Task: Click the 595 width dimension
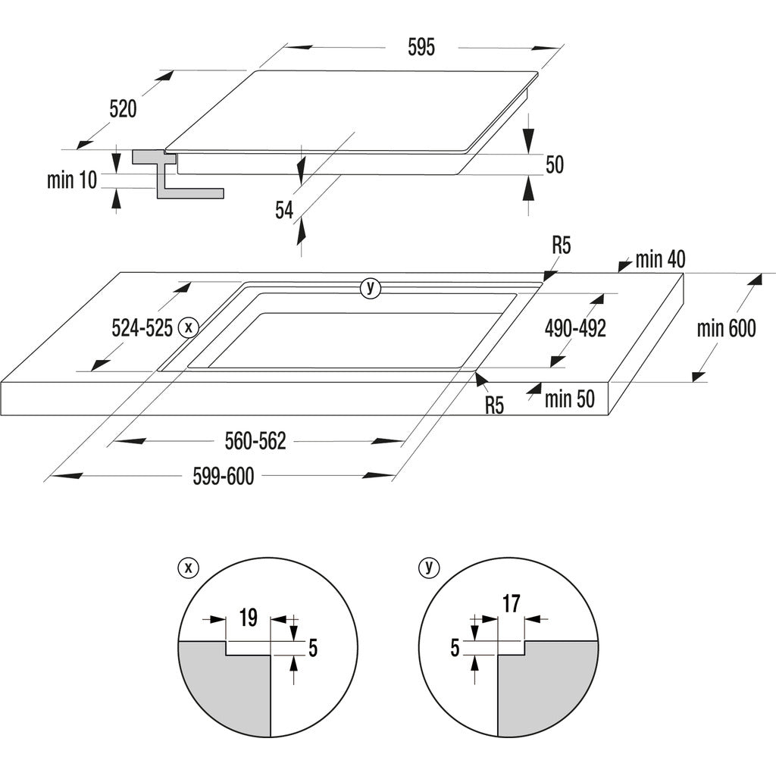pyautogui.click(x=421, y=48)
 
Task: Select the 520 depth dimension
pyautogui.click(x=123, y=109)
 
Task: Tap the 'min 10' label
pyautogui.click(x=72, y=180)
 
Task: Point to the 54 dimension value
pyautogui.click(x=284, y=210)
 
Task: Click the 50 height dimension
pyautogui.click(x=555, y=164)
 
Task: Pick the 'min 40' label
pyautogui.click(x=659, y=259)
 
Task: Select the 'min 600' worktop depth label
pyautogui.click(x=726, y=328)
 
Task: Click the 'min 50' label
pyautogui.click(x=569, y=399)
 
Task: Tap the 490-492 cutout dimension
pyautogui.click(x=575, y=328)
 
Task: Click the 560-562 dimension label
pyautogui.click(x=255, y=441)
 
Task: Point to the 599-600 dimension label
pyautogui.click(x=223, y=476)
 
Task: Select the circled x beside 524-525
pyautogui.click(x=188, y=328)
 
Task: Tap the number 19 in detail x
pyautogui.click(x=248, y=618)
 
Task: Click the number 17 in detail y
pyautogui.click(x=512, y=604)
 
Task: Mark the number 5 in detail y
pyautogui.click(x=455, y=648)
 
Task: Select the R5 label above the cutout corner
pyautogui.click(x=561, y=246)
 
